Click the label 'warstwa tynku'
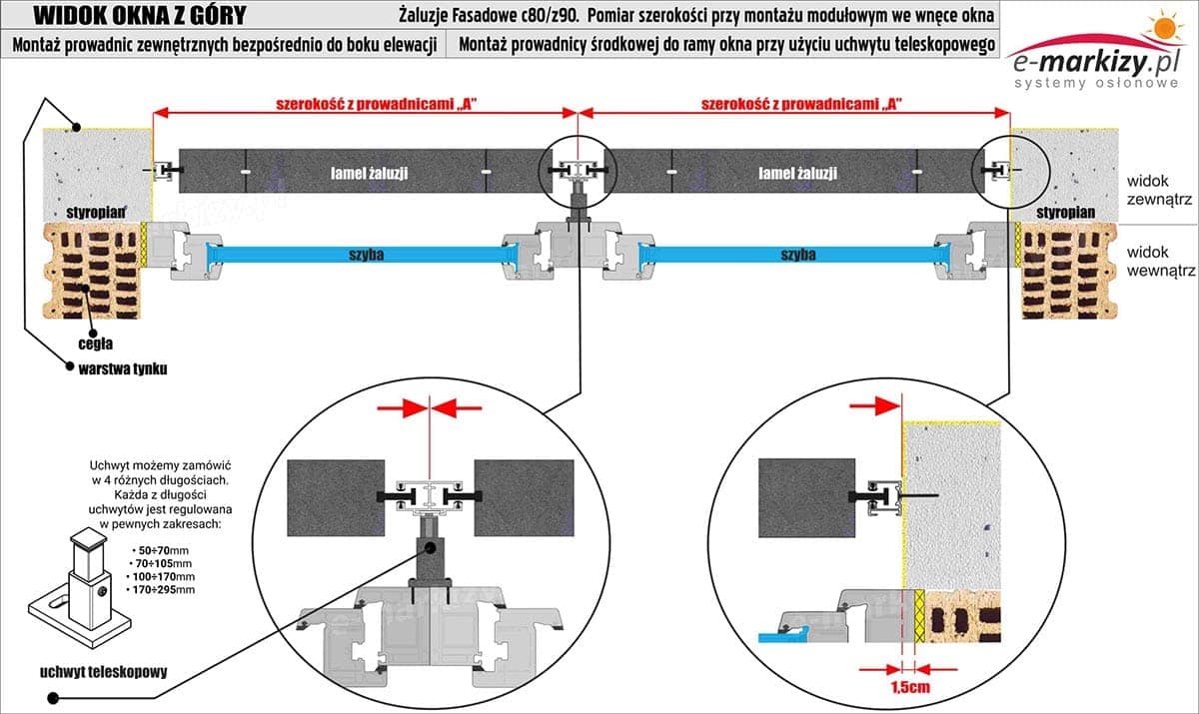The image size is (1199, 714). pyautogui.click(x=122, y=368)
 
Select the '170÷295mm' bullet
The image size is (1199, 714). pyautogui.click(x=164, y=590)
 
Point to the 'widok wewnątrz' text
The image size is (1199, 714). pyautogui.click(x=1159, y=262)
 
